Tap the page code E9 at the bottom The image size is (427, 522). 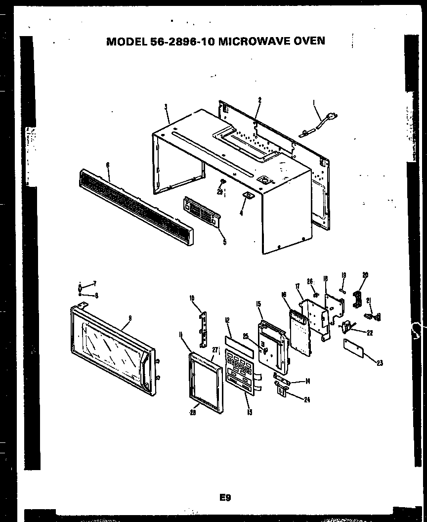point(225,498)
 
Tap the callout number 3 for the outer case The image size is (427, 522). point(166,106)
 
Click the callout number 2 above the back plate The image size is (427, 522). point(259,100)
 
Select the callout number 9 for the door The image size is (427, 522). point(129,318)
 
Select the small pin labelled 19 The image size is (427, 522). point(342,291)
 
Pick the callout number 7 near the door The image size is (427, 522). point(94,283)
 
